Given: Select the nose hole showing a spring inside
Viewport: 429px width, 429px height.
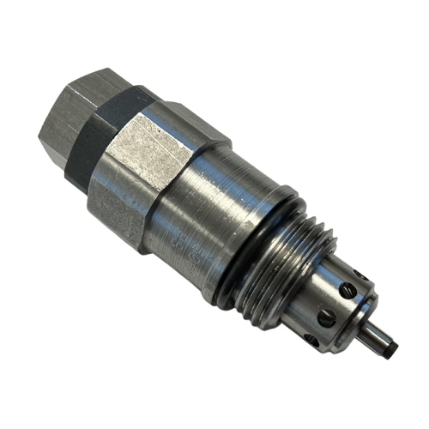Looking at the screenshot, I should coord(346,291).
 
